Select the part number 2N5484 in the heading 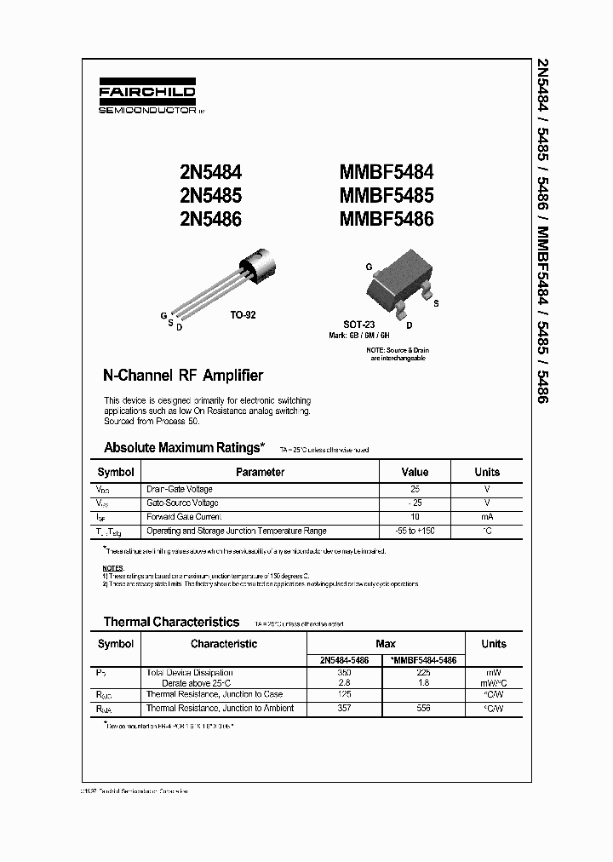point(206,174)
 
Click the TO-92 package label point(242,315)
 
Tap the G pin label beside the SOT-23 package point(369,267)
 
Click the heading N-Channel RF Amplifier point(182,376)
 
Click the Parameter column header point(260,472)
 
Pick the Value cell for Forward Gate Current point(415,517)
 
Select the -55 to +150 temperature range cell point(415,531)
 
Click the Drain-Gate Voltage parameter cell point(180,490)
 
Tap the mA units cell point(487,517)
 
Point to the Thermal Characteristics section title point(171,622)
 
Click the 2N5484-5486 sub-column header point(344,660)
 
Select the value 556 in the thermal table point(423,709)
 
